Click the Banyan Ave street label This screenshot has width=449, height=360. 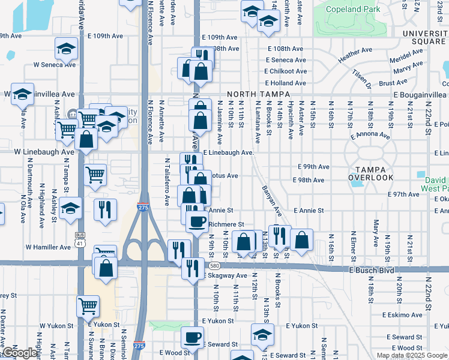(x=272, y=200)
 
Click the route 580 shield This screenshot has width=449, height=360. (x=214, y=266)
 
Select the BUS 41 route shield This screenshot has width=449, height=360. (x=79, y=238)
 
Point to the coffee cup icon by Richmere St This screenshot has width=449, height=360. (x=196, y=222)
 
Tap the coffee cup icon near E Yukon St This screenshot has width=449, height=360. (x=192, y=337)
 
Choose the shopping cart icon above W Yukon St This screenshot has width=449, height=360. (x=88, y=306)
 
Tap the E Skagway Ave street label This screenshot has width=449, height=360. (x=225, y=275)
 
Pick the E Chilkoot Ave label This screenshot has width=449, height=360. (x=286, y=71)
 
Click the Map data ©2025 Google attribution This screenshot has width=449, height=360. (x=411, y=355)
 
